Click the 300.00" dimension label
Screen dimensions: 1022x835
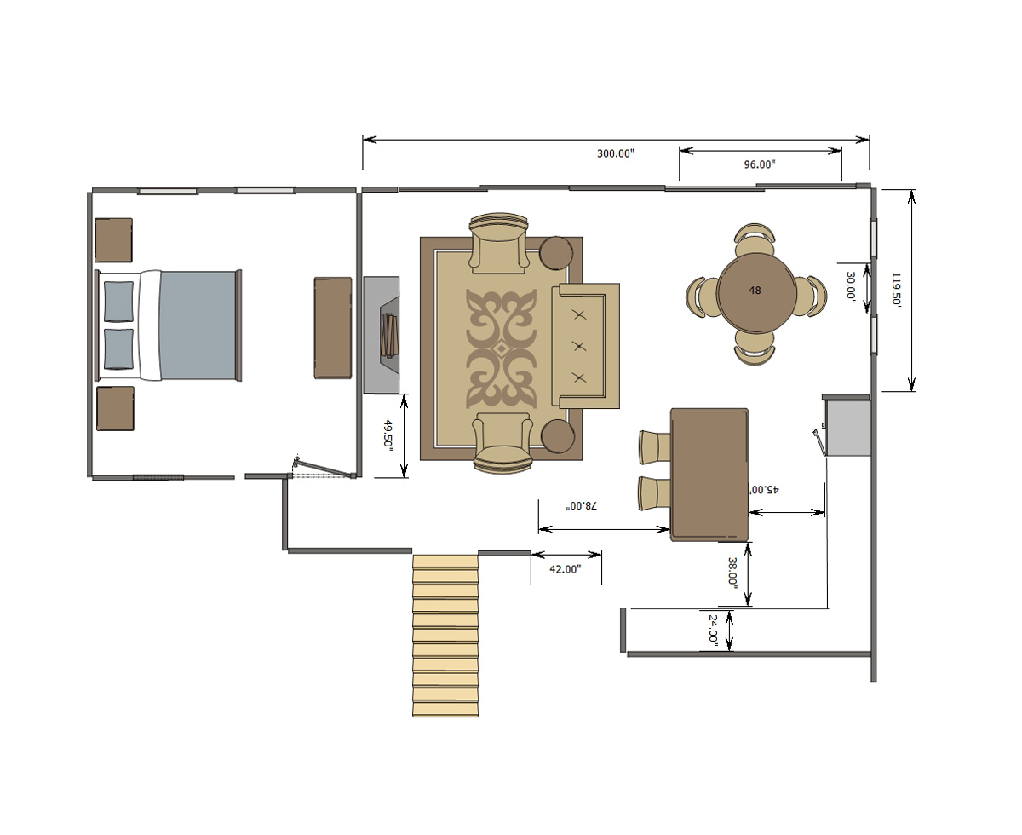(615, 153)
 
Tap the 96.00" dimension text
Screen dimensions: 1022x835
(760, 164)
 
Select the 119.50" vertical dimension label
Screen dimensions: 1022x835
(896, 291)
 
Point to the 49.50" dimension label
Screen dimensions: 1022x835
(388, 435)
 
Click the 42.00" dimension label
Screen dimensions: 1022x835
(565, 569)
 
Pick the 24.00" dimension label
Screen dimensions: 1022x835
(713, 629)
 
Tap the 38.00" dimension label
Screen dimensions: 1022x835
(732, 573)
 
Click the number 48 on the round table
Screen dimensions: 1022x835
(755, 290)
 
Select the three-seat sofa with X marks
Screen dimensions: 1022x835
(585, 346)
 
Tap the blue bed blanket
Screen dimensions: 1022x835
(198, 325)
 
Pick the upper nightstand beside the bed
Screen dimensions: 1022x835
(113, 240)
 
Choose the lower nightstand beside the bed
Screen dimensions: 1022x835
(115, 408)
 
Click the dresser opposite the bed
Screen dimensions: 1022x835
(333, 328)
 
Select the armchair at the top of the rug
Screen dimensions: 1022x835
(498, 243)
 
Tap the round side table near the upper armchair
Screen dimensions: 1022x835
(556, 253)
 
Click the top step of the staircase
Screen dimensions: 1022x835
(445, 561)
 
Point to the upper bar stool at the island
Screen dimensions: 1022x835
(655, 447)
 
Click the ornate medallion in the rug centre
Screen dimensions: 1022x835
(501, 348)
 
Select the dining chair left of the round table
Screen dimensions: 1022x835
(702, 297)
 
